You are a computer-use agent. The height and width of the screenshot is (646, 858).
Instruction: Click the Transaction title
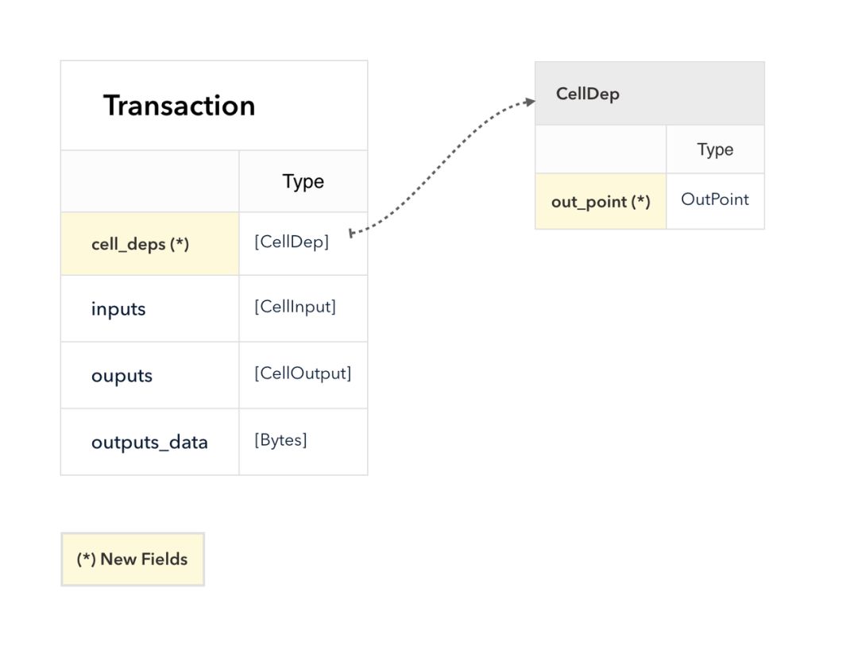pyautogui.click(x=179, y=105)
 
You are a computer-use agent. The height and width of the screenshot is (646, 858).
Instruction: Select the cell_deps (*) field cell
pyautogui.click(x=150, y=244)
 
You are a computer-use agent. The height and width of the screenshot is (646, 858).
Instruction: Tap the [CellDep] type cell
pyautogui.click(x=303, y=244)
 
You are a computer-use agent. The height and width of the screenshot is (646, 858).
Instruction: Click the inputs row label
pyautogui.click(x=118, y=309)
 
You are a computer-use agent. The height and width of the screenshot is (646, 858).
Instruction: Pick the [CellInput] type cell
pyautogui.click(x=303, y=309)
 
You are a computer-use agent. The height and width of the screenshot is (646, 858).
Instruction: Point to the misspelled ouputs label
pyautogui.click(x=122, y=376)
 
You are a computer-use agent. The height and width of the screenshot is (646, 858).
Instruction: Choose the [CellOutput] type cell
pyautogui.click(x=303, y=375)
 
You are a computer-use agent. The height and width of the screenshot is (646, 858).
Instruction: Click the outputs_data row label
pyautogui.click(x=149, y=443)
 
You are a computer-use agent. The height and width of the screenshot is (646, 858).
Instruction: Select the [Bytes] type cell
pyautogui.click(x=303, y=442)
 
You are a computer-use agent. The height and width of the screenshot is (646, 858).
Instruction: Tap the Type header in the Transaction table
pyautogui.click(x=303, y=181)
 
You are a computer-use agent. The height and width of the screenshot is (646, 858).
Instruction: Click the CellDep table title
pyautogui.click(x=588, y=94)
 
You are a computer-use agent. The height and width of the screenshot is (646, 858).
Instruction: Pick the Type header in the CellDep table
pyautogui.click(x=715, y=149)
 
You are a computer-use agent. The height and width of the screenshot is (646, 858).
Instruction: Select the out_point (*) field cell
pyautogui.click(x=601, y=202)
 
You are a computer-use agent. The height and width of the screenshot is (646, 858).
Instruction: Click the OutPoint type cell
pyautogui.click(x=715, y=202)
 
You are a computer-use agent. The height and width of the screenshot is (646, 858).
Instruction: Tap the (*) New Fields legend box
pyautogui.click(x=133, y=559)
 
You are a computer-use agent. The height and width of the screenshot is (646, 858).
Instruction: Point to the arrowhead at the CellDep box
pyautogui.click(x=530, y=102)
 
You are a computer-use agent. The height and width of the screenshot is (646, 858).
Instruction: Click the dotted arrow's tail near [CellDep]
pyautogui.click(x=351, y=234)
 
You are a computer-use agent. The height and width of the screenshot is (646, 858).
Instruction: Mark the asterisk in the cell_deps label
pyautogui.click(x=179, y=242)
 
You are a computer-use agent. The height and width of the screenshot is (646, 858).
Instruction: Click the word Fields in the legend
pyautogui.click(x=164, y=559)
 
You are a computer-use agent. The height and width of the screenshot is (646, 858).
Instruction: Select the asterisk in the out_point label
pyautogui.click(x=640, y=199)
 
